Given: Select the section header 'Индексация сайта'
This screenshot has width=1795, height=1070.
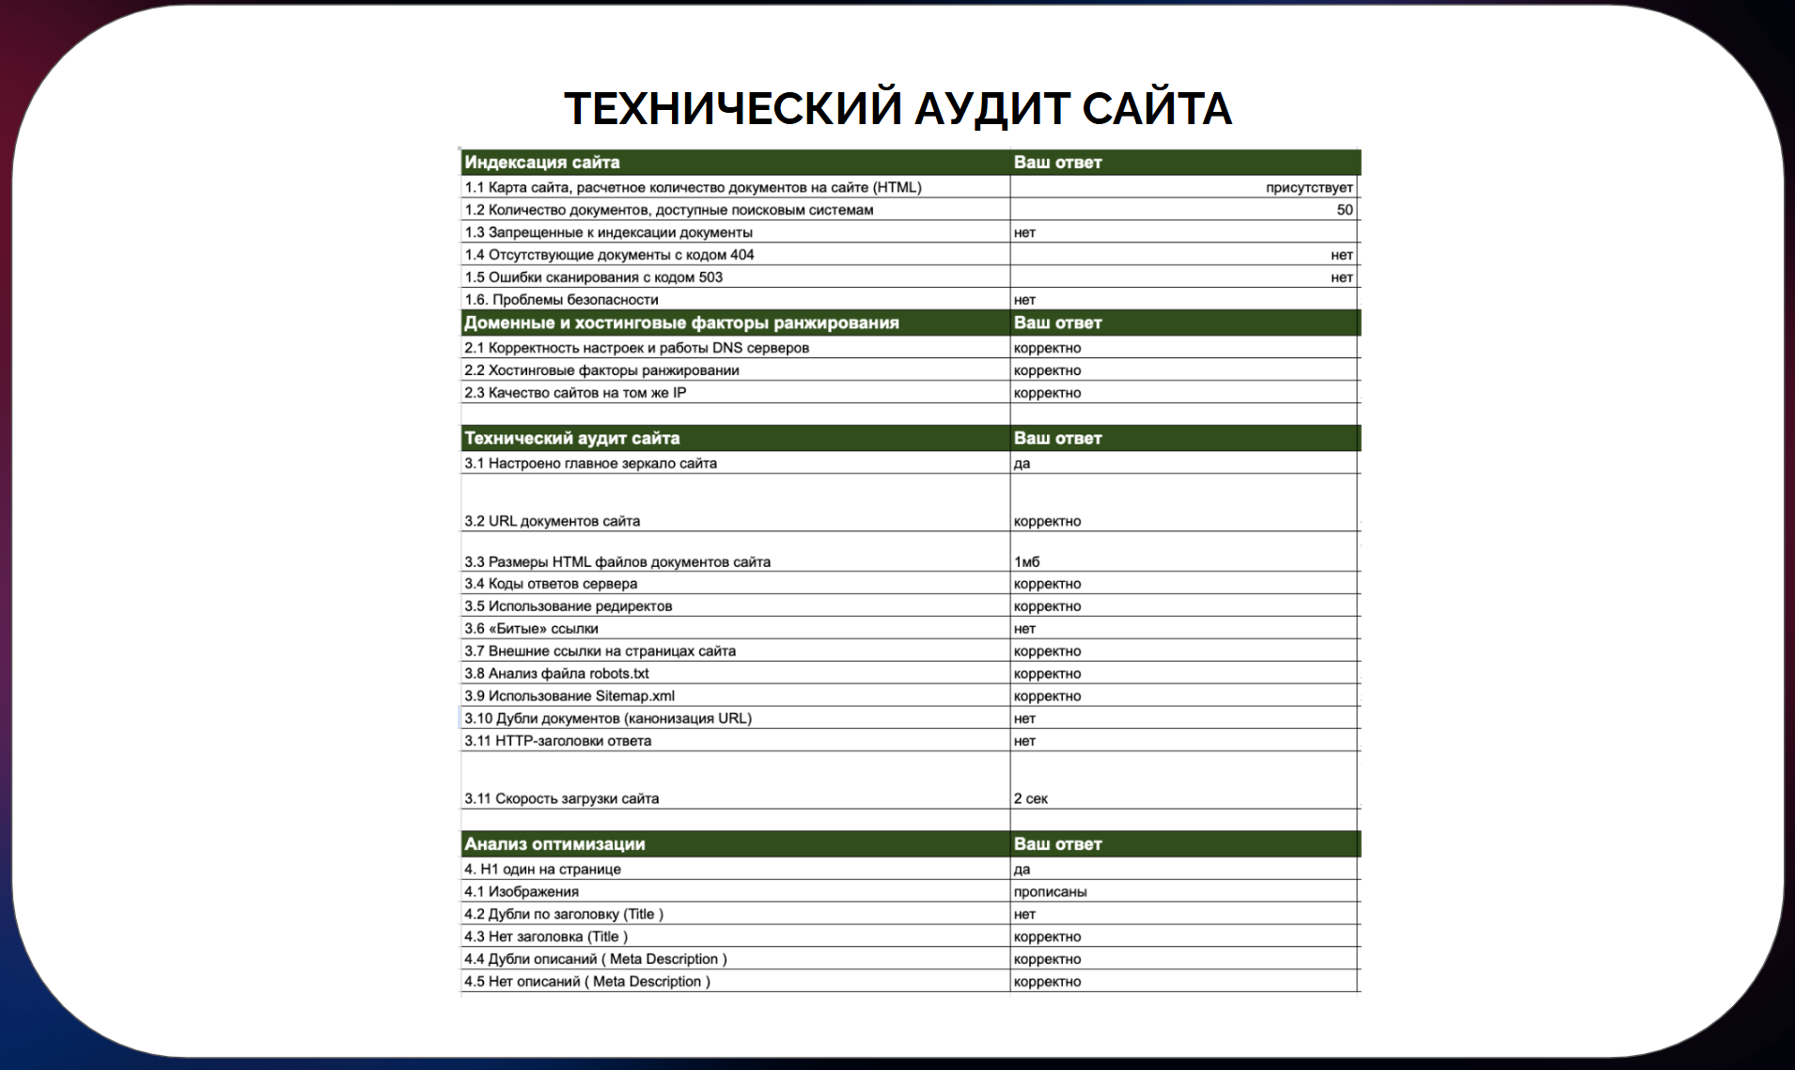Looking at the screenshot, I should click(x=542, y=162).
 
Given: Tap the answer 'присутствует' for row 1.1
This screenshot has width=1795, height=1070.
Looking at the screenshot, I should click(x=1308, y=187).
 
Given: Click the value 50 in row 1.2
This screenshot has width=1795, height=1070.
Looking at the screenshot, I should click(x=1344, y=210).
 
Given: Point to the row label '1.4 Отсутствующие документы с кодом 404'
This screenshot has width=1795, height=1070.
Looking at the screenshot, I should click(x=609, y=255).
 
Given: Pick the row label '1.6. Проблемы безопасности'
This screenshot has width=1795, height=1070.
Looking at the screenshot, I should click(x=561, y=300).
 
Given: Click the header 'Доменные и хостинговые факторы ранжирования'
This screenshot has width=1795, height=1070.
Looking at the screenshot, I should click(x=681, y=323).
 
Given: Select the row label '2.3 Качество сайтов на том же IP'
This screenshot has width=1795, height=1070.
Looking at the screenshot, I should click(x=575, y=393).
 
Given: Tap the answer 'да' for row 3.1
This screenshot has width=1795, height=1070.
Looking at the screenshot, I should click(x=1022, y=464).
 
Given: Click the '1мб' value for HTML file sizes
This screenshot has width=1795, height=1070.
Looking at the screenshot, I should click(x=1026, y=562).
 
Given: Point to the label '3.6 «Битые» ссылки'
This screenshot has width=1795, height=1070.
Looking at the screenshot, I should click(x=531, y=629).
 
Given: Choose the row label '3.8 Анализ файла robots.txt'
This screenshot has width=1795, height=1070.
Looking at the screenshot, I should click(x=556, y=674).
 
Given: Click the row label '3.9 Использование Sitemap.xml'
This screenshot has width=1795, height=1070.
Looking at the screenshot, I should click(x=570, y=697).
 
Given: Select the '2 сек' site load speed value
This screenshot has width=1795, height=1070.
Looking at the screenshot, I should click(x=1030, y=799).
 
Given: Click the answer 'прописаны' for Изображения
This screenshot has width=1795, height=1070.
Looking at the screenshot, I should click(x=1050, y=892).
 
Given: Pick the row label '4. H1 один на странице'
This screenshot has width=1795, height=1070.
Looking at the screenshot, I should click(x=542, y=870).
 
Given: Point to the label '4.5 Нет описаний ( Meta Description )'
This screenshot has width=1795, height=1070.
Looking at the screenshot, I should click(x=587, y=982).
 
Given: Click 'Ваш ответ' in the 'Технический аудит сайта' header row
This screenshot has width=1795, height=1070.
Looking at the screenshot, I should click(x=1057, y=438).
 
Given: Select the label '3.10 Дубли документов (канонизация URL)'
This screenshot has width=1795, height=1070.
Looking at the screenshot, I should click(x=608, y=718).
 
